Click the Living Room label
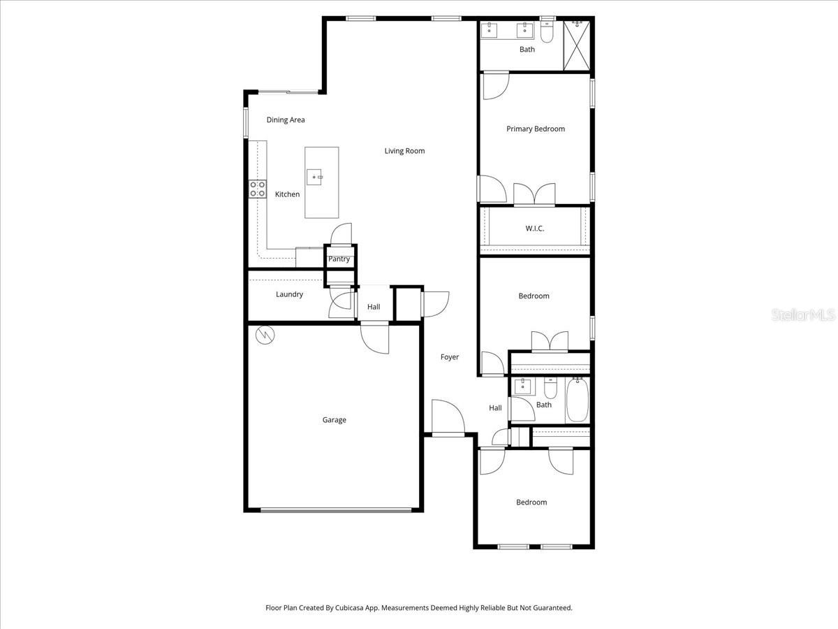(404, 151)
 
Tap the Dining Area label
(286, 120)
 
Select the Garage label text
(334, 420)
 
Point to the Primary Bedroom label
(535, 129)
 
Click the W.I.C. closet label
(534, 229)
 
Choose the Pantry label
(339, 259)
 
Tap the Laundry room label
(289, 294)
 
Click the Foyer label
(450, 357)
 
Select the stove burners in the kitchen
(258, 188)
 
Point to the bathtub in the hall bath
(577, 400)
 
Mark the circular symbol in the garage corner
(265, 336)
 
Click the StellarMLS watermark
(802, 316)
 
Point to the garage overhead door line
(336, 509)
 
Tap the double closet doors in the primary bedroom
(534, 195)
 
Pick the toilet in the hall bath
(550, 388)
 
